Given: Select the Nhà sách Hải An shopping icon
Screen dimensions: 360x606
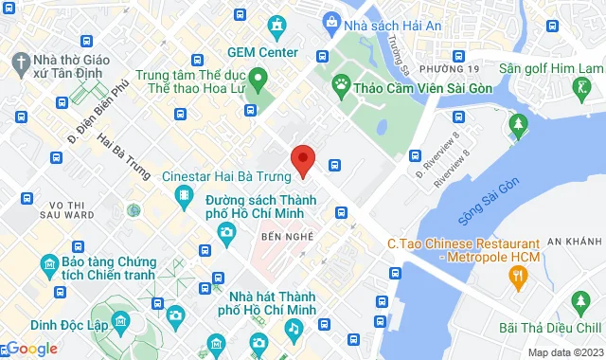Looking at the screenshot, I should pos(332,21).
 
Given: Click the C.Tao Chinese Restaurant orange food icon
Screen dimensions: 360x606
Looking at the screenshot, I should pos(517,277).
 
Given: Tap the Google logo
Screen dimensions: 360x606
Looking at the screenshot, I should pos(30,349).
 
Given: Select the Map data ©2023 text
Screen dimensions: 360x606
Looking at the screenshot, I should pos(564,352).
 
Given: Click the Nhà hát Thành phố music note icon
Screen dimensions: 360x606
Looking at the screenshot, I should pos(294,327).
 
